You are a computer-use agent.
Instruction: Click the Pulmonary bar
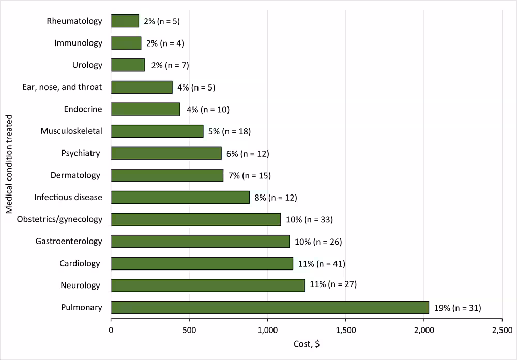(322, 307)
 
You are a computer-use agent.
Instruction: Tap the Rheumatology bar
(125, 21)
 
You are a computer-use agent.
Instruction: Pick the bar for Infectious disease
(180, 197)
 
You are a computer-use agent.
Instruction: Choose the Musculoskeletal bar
(157, 131)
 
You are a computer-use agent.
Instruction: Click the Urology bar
(128, 65)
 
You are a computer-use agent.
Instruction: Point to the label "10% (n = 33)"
(309, 219)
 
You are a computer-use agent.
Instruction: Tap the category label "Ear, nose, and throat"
(63, 87)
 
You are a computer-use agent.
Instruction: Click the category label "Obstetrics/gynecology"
(59, 219)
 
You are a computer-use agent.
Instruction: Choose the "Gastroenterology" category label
(69, 241)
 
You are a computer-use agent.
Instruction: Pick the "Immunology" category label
(79, 43)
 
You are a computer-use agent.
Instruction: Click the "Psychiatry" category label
(80, 153)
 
